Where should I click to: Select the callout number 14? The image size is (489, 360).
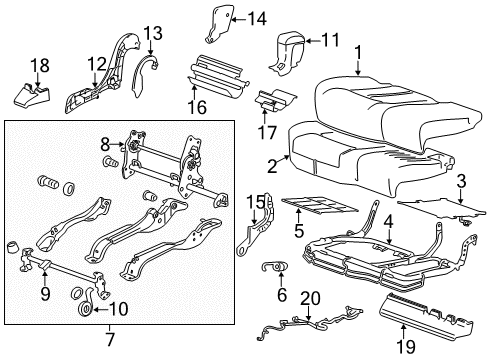pos(257,17)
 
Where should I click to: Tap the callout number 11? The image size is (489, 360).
pos(329,40)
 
